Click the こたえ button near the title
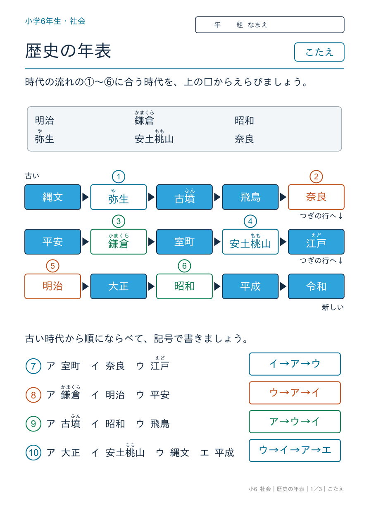tap(319, 52)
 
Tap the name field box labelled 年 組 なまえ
tap(269, 25)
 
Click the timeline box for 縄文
tap(52, 197)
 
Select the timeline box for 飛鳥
tap(250, 197)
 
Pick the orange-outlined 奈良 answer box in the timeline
tap(316, 197)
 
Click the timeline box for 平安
tap(52, 242)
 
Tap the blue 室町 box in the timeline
tap(184, 242)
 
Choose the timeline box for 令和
tap(316, 286)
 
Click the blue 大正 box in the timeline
tap(119, 286)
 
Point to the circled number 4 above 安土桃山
tap(250, 221)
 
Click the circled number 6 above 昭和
tap(184, 266)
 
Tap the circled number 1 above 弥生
tap(119, 176)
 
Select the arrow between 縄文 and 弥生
tap(85, 197)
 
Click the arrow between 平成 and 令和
tap(283, 286)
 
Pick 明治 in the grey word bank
tap(45, 121)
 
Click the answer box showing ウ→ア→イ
tap(295, 393)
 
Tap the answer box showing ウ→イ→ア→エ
tap(295, 450)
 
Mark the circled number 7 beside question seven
tap(33, 366)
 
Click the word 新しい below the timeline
tap(333, 307)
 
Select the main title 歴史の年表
tap(68, 51)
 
